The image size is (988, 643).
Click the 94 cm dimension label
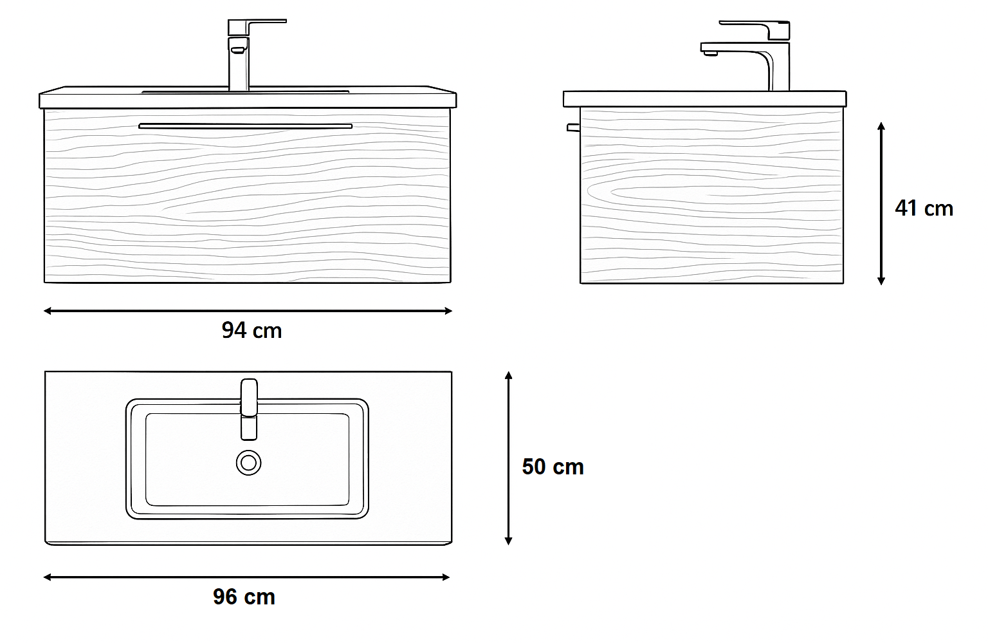tap(252, 330)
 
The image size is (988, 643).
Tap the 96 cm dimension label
tap(244, 597)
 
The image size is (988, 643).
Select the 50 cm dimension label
tap(553, 467)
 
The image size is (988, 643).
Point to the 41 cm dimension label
tap(924, 209)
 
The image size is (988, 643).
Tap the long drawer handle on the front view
tap(245, 126)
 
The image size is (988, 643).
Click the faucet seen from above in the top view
tap(249, 409)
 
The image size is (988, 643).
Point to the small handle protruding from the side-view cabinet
tap(573, 127)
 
